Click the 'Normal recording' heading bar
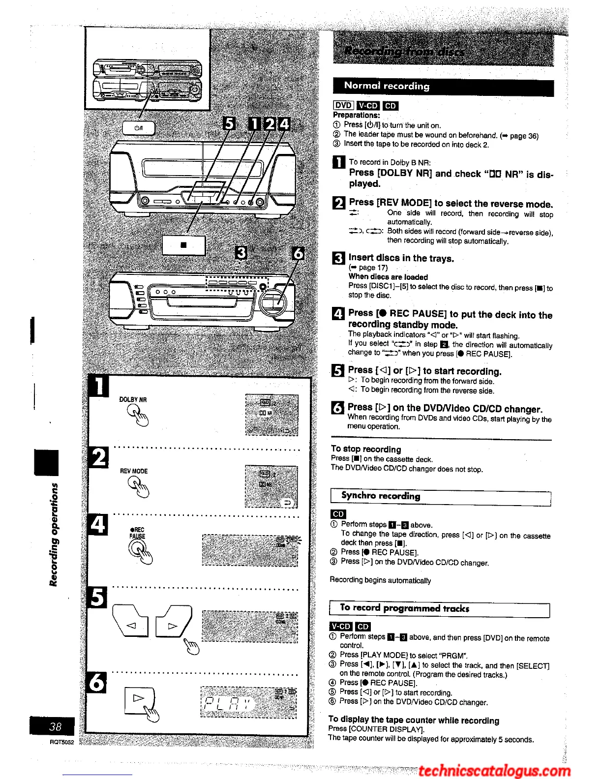pos(443,87)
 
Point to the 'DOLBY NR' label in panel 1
pos(133,399)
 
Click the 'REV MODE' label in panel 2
pos(134,471)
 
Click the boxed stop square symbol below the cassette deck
pos(183,244)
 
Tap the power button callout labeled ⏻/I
pos(139,128)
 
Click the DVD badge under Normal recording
pos(343,105)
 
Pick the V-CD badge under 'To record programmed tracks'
pos(340,627)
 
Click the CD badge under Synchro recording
pos(338,514)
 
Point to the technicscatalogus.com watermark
pos(494,771)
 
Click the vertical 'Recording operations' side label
pos(54,534)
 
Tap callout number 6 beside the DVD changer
pos(298,254)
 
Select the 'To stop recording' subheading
pos(366,449)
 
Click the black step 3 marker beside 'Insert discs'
pos(338,258)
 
